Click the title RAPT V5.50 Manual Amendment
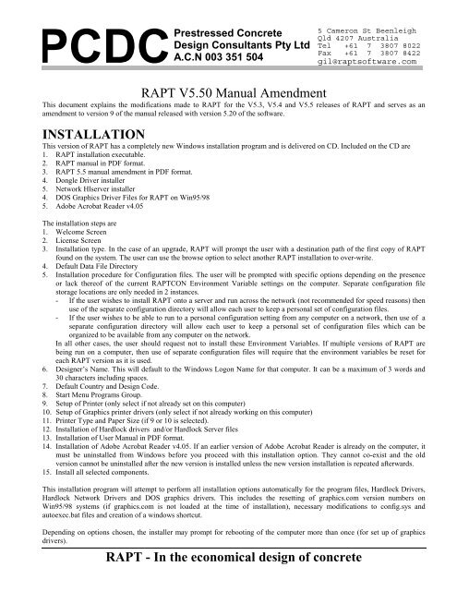228,92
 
